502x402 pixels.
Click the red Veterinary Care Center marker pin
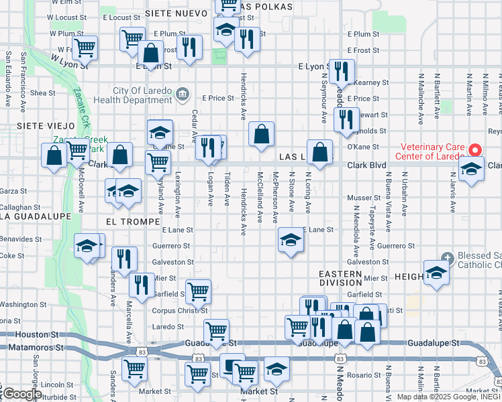pyautogui.click(x=475, y=149)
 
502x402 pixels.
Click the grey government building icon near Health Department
pyautogui.click(x=183, y=92)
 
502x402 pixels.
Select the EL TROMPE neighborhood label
pyautogui.click(x=132, y=221)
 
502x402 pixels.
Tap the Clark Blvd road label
pyautogui.click(x=366, y=165)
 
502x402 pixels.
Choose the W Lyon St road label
pyautogui.click(x=69, y=62)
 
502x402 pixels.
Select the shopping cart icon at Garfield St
pyautogui.click(x=198, y=291)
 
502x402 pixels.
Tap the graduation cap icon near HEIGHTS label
pyautogui.click(x=436, y=273)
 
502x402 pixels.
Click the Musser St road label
pyautogui.click(x=363, y=198)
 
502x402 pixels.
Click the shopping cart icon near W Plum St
pyautogui.click(x=85, y=48)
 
